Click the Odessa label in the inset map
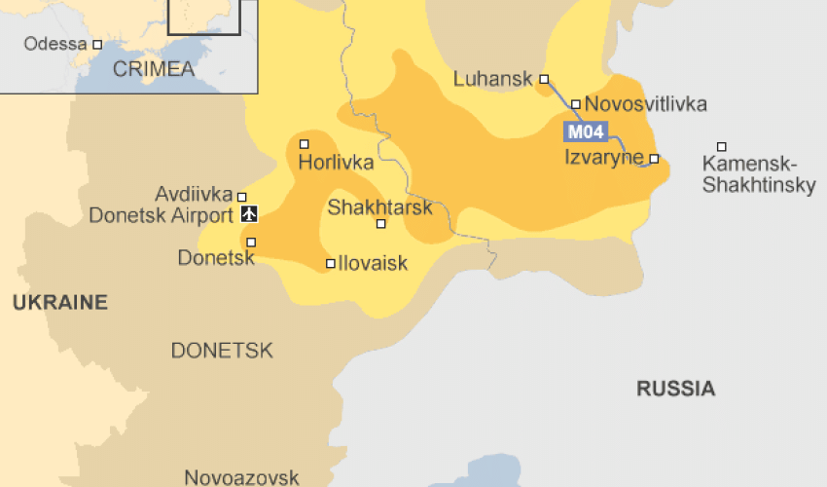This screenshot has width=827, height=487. point(55,44)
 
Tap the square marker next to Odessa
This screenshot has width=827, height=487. point(97,45)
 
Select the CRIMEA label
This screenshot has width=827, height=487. point(154,69)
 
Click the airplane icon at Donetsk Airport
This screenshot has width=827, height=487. point(248,214)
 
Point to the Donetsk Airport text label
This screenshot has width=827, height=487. point(161,215)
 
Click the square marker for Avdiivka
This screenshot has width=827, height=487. point(242,197)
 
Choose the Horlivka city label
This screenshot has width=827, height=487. point(336,163)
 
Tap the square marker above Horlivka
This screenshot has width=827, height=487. point(305,144)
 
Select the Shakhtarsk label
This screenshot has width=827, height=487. point(378,206)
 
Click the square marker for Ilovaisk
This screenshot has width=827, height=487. point(331,263)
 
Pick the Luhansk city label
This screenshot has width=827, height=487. point(494,79)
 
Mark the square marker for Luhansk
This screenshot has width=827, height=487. point(545,79)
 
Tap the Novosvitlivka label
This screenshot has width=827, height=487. point(646,104)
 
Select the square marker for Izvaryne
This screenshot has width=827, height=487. point(655,158)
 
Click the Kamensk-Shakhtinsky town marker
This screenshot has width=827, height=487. point(722,147)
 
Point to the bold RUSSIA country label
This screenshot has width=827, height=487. point(675,389)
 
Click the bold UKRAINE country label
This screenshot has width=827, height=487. point(60,303)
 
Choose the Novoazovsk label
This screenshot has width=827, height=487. point(241,477)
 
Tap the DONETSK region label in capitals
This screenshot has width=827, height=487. point(222,351)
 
